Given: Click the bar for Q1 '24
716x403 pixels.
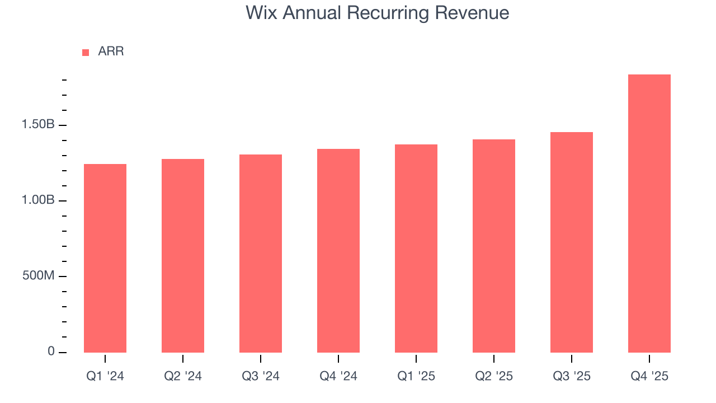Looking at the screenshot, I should pos(105,258).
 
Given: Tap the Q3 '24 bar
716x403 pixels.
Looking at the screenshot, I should pos(261,254).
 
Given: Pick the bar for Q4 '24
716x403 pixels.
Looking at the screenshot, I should pos(338,251).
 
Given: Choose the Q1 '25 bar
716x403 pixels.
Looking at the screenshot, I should pos(416,249).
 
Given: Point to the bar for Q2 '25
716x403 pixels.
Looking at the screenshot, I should pos(494,246).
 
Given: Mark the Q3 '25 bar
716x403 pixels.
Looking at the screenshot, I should pos(572,242).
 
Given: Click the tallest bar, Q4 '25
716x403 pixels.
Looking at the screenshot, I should pos(649,213).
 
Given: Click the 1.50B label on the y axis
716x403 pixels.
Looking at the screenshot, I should pos(38,125).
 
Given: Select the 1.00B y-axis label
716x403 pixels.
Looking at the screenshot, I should pos(38,200).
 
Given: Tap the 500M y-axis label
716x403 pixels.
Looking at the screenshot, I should pos(38,277).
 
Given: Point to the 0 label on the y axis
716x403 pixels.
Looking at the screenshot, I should pos(51,352).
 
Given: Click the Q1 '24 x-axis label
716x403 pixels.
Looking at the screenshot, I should pos(105,377).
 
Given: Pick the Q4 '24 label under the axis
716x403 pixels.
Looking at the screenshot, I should pos(338,377).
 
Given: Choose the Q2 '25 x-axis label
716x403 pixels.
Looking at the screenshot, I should pos(494,377).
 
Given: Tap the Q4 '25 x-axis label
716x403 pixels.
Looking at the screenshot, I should pos(649,377).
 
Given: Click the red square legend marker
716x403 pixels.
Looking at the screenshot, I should pos(86,52).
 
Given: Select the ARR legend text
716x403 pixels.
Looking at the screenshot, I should pos(111,52).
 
